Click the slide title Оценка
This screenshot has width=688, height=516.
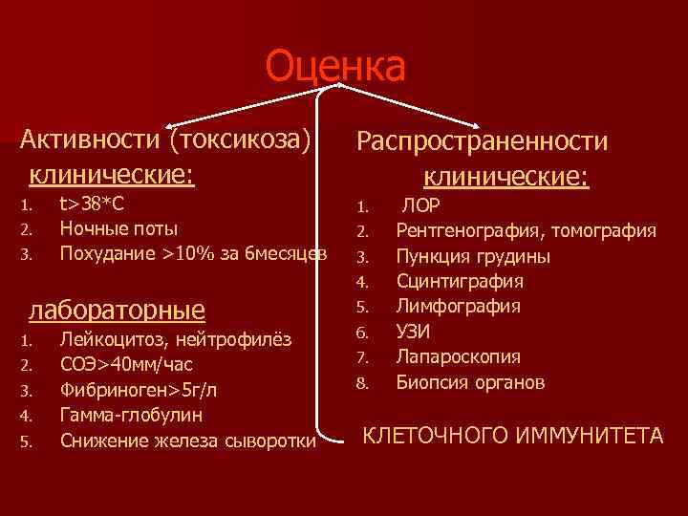tap(335, 67)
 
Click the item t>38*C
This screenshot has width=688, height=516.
tap(92, 204)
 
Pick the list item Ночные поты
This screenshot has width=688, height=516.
tap(118, 228)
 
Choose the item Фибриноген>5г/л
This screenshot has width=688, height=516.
tap(137, 390)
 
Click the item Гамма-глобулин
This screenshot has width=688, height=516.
tap(132, 416)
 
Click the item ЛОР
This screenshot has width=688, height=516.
tap(421, 204)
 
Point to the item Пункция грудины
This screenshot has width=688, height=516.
tap(473, 256)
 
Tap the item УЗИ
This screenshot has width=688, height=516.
tap(414, 332)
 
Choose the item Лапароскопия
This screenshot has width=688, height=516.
tap(459, 357)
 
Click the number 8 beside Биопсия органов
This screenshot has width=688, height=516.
tap(362, 383)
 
